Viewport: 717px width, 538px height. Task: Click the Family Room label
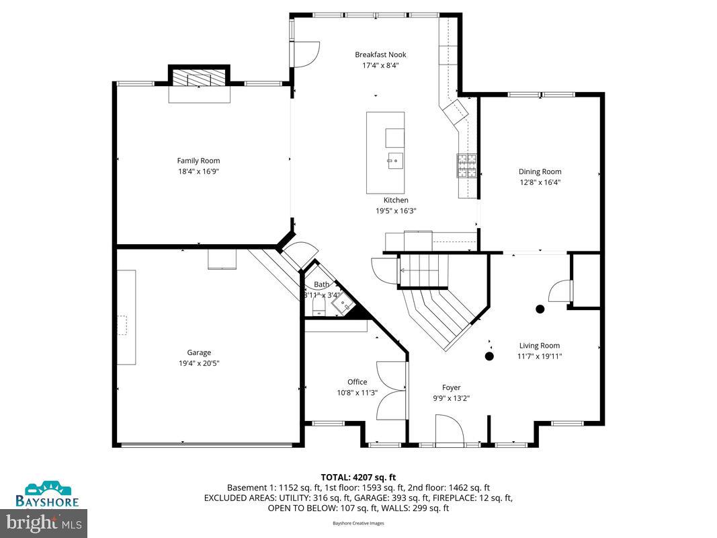click(x=198, y=161)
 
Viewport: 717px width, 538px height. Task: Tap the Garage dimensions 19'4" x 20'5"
click(x=198, y=363)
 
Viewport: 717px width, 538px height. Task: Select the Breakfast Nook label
click(x=380, y=54)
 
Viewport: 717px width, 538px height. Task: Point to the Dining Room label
click(x=540, y=171)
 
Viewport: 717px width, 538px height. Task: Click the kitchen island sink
click(x=394, y=160)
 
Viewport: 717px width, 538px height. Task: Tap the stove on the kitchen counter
click(x=466, y=166)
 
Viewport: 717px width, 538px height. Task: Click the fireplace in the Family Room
click(x=199, y=78)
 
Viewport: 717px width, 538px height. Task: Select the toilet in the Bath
click(x=319, y=307)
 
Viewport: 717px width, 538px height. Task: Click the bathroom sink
click(x=344, y=305)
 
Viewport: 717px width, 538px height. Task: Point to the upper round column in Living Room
click(x=540, y=309)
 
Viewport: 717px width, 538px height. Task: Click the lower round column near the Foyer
click(x=490, y=356)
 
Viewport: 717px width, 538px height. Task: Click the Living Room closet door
click(x=560, y=291)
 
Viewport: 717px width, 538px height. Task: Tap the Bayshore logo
click(x=48, y=494)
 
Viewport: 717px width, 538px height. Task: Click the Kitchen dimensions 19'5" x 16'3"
click(x=396, y=210)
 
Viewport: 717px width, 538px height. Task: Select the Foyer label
click(x=451, y=387)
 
